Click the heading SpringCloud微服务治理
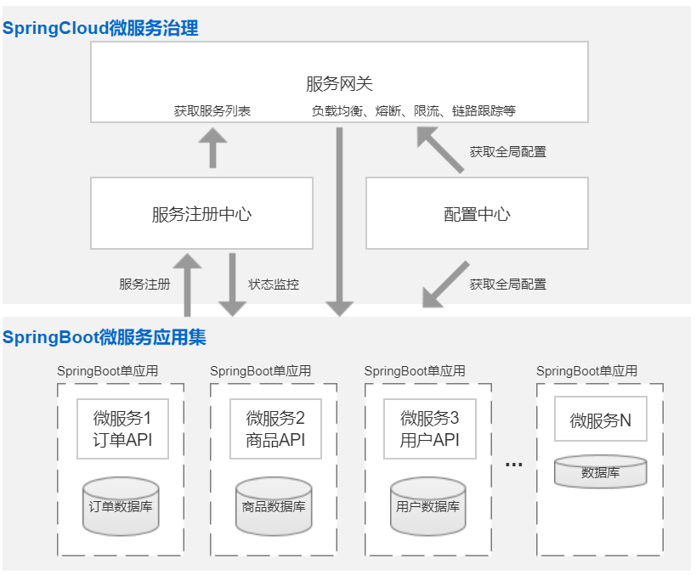coord(100,28)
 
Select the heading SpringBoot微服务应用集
coord(104,337)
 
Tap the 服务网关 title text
coord(339,83)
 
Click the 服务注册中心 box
coord(201,213)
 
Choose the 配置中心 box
coord(477,213)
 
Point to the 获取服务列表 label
coord(212,111)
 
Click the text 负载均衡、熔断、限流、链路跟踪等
coord(413,111)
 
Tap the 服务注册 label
coord(144,285)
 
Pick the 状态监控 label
coord(274,285)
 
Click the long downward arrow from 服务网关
coord(340,221)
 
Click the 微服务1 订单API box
coord(122,428)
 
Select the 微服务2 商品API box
coord(275,428)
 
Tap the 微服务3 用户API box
coord(429,428)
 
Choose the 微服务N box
coord(600,420)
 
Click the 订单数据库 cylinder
coord(122,507)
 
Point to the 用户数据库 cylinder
coord(428,507)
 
